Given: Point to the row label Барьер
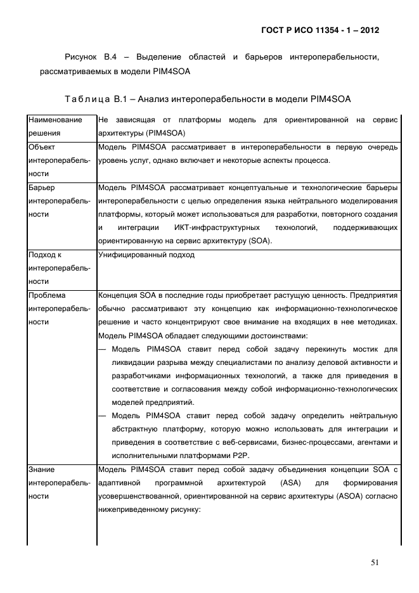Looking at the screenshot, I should click(x=42, y=188).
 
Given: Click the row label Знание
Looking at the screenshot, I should click(x=42, y=469).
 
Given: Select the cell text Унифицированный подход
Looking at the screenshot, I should click(x=146, y=255).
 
